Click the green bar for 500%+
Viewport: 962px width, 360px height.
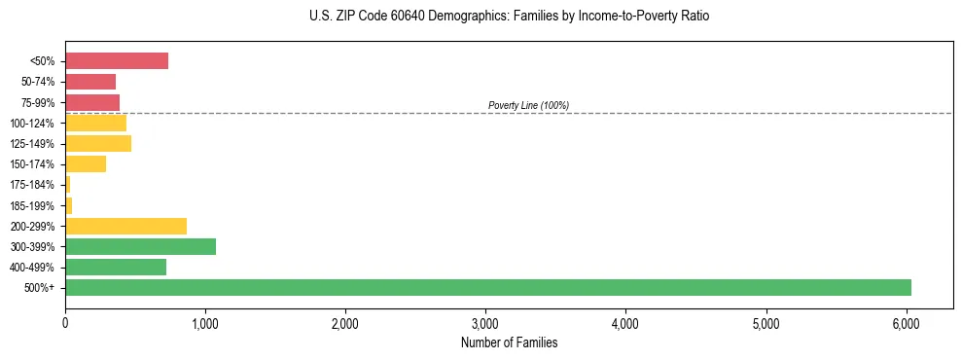pos(487,287)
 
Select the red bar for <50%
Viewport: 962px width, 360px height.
pos(117,61)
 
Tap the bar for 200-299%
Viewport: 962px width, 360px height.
pos(125,226)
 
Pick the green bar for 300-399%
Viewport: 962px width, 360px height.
pos(140,246)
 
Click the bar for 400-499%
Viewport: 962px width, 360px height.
pos(116,267)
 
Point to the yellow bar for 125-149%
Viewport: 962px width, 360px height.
pos(98,144)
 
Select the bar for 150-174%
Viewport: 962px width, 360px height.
pos(86,164)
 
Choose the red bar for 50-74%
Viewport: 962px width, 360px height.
pos(90,82)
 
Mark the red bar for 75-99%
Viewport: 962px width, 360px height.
pos(92,102)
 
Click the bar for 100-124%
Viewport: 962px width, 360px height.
pos(95,124)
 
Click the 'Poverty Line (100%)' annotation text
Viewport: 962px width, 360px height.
pos(528,105)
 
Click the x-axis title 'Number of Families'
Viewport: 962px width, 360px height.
pos(509,342)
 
